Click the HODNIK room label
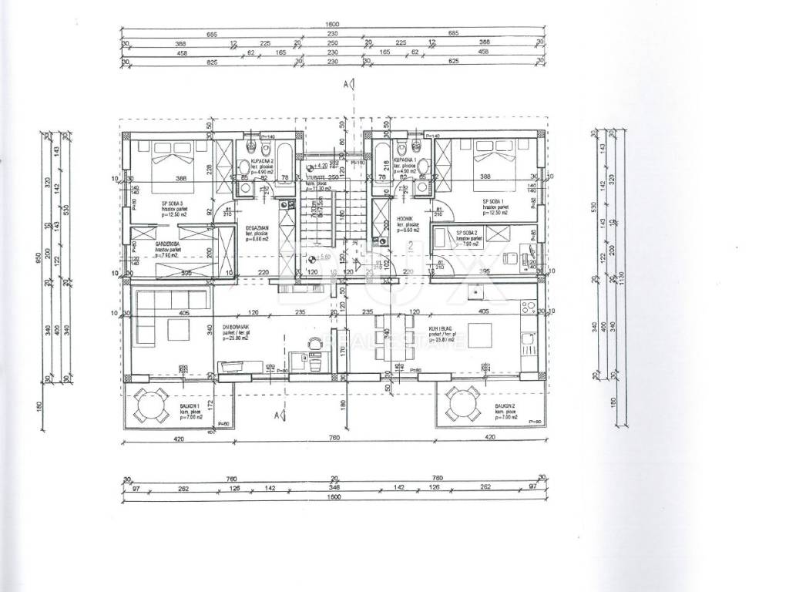406,218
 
